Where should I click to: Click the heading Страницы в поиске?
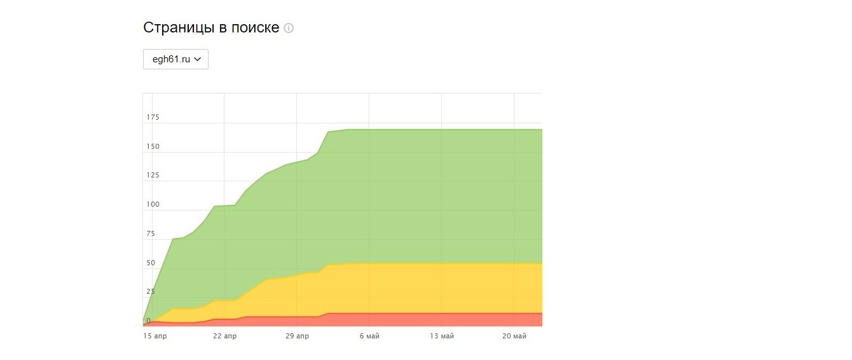211,28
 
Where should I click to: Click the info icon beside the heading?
289,28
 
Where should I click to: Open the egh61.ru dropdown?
175,59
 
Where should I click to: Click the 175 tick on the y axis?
153,118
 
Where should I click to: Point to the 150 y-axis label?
153,147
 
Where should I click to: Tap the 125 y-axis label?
153,176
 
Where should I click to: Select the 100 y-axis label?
153,205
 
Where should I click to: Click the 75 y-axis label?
151,234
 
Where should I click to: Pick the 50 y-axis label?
151,263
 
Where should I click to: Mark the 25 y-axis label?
151,292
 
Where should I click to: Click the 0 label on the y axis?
149,321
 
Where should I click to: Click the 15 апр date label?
155,336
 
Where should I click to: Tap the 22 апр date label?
224,336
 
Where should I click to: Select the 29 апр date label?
297,336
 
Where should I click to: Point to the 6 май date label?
369,336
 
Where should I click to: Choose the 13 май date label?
442,336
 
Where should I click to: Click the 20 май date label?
514,336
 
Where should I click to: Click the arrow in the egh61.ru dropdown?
197,59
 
